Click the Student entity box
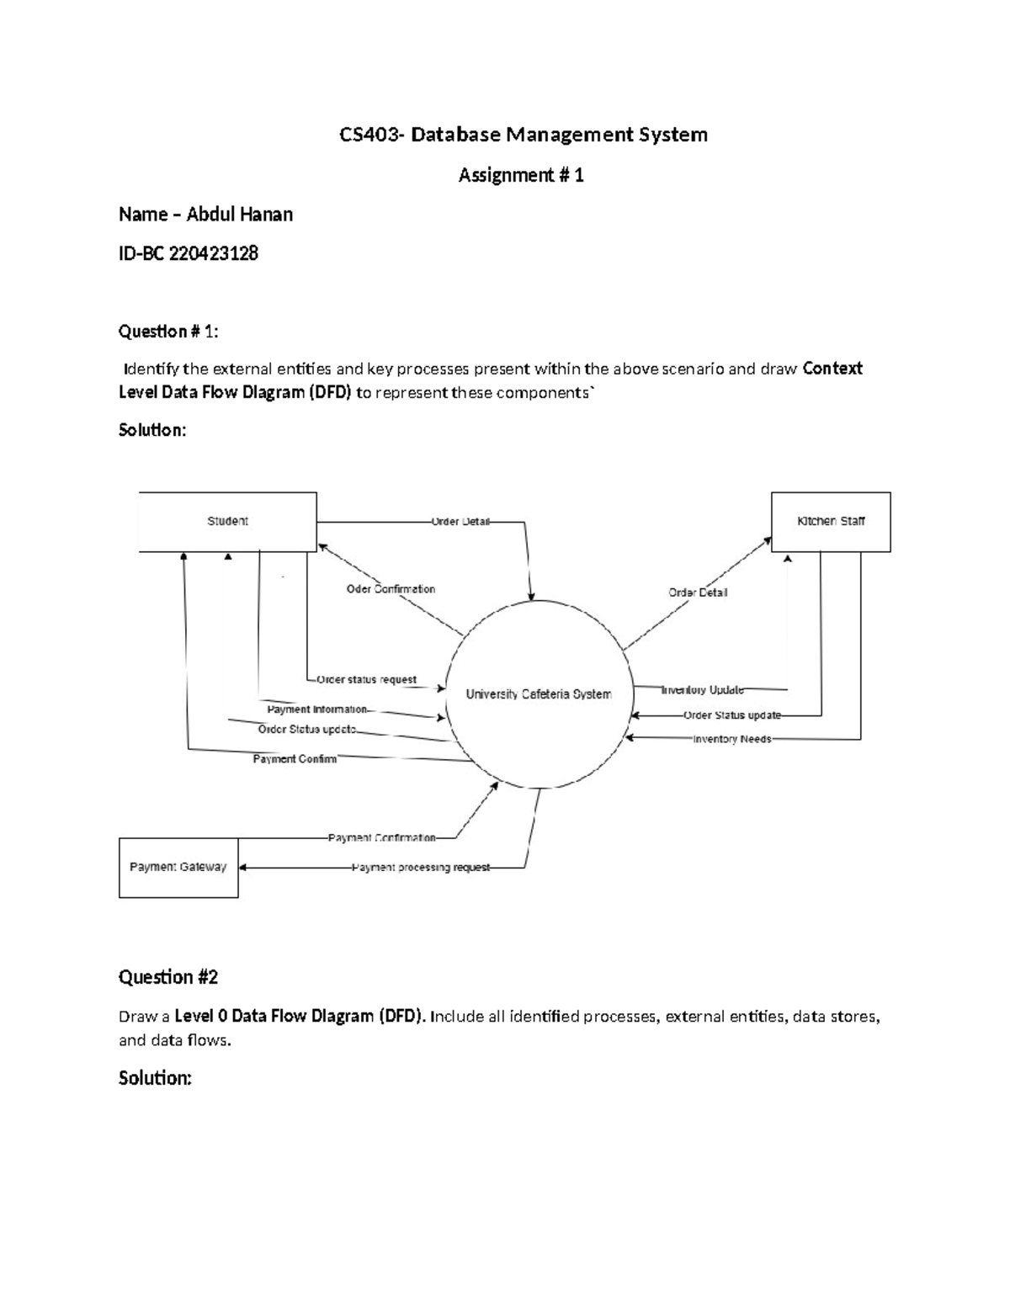point(227,522)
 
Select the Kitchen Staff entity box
point(831,522)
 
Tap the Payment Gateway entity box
point(178,868)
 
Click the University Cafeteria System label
point(539,694)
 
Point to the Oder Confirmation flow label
point(391,589)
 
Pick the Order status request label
point(366,680)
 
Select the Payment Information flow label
point(317,709)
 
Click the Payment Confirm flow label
point(295,759)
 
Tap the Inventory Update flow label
point(703,690)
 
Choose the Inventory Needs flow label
point(731,739)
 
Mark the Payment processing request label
point(421,868)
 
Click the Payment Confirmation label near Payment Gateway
point(382,838)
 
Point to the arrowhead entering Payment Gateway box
point(244,868)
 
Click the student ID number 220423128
point(214,253)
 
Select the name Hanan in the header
point(267,215)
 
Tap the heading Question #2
point(168,977)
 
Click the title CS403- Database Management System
point(523,135)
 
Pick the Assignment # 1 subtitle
point(521,175)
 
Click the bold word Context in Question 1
point(832,369)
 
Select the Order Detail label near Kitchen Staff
point(698,592)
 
